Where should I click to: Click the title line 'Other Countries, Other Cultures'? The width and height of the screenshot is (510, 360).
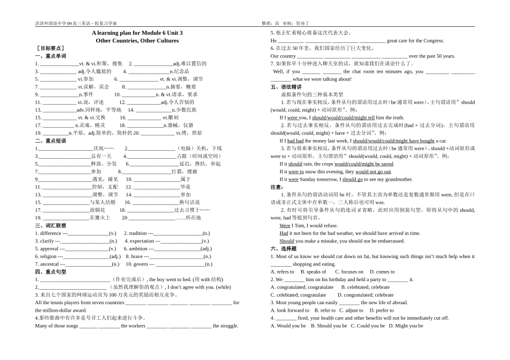[x=137, y=40]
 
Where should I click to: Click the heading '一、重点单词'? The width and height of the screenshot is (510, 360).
[x=50, y=56]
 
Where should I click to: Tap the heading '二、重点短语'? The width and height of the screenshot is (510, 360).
[x=50, y=141]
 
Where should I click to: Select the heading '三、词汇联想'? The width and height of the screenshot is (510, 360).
[x=50, y=225]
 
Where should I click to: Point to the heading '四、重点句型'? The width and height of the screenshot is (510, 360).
[x=50, y=272]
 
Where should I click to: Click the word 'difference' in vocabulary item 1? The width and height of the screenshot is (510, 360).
[x=51, y=233]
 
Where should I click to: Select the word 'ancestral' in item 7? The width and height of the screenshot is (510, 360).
[x=50, y=264]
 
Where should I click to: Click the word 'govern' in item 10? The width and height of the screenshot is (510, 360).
[x=141, y=264]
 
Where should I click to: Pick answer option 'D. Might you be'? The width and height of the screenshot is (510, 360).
[x=406, y=326]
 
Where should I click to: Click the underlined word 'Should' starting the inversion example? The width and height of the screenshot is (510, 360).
[x=287, y=241]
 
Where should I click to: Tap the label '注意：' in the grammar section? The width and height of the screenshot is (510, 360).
[x=277, y=187]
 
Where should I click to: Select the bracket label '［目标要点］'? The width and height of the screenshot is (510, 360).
[x=48, y=48]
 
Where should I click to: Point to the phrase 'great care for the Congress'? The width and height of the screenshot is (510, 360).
[x=416, y=40]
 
